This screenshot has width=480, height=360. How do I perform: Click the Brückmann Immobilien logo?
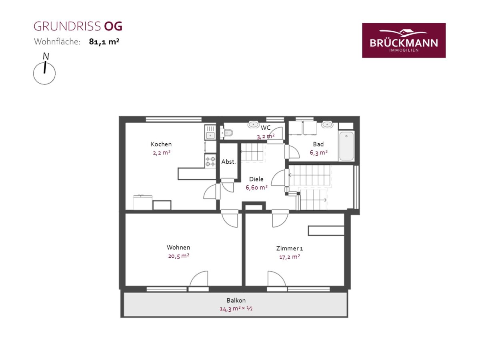(404, 40)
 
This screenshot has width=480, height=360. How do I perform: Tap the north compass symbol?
(44, 69)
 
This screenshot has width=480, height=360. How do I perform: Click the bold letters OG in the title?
(113, 26)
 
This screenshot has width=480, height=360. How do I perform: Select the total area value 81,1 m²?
(104, 42)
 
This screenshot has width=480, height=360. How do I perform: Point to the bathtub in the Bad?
(346, 146)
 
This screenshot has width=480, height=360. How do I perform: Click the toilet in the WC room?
(227, 132)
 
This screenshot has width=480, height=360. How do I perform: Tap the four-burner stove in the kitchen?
(210, 161)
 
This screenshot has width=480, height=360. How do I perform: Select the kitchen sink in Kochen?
(210, 132)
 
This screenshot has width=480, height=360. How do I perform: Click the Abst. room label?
(228, 162)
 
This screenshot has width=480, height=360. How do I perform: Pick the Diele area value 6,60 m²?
(256, 187)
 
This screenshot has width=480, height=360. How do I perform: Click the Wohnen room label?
(178, 247)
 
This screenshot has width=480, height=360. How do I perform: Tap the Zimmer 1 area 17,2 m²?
(289, 257)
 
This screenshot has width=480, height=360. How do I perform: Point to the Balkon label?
(236, 300)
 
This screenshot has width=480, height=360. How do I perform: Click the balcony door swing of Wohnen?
(199, 278)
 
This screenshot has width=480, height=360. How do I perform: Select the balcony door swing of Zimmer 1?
(277, 278)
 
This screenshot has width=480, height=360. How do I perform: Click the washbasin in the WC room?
(254, 124)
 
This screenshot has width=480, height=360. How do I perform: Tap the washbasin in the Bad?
(327, 124)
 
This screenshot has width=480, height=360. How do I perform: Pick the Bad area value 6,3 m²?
(318, 152)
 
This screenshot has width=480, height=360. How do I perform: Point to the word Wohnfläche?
(57, 42)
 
